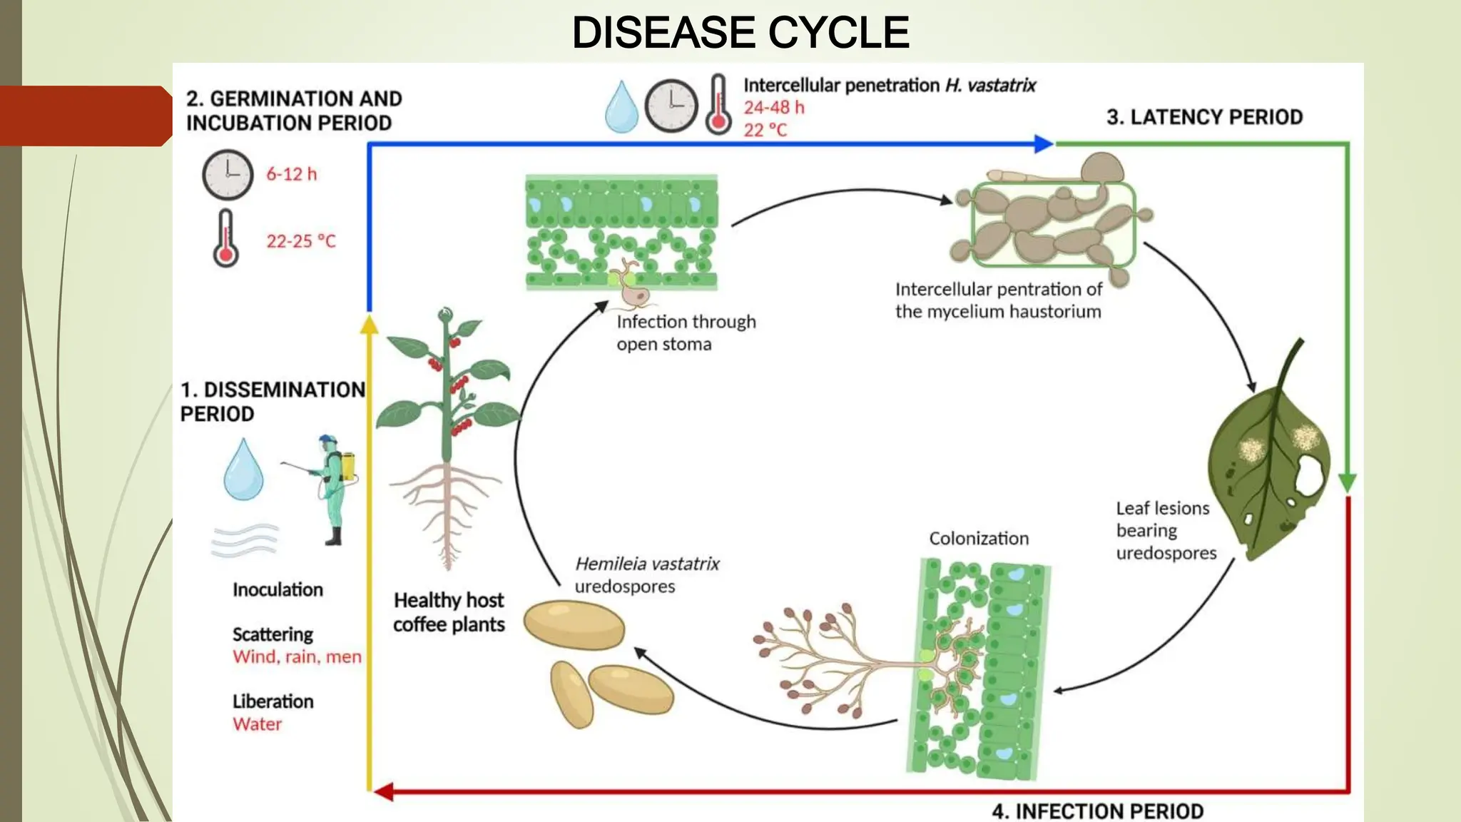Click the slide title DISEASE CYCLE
(x=740, y=33)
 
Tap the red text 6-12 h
(x=291, y=174)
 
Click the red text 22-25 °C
(x=300, y=241)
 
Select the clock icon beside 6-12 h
(x=228, y=175)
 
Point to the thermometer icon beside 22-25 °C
(x=225, y=239)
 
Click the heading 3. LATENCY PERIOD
(x=1204, y=117)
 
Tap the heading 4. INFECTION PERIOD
(x=1097, y=811)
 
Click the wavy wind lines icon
(x=245, y=540)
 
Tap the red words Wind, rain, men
(x=297, y=656)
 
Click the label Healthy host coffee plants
(x=449, y=612)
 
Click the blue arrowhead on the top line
(x=1043, y=143)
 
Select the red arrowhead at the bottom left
(x=383, y=791)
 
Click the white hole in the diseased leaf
(x=1309, y=475)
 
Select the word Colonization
(x=979, y=539)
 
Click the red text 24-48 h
(x=774, y=108)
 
